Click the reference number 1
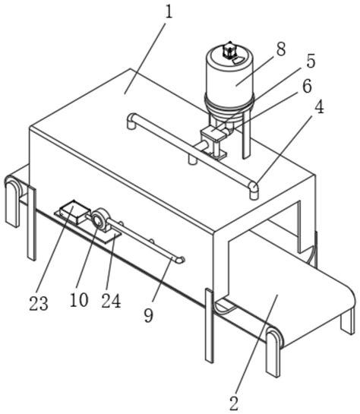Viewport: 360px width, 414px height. (x=169, y=12)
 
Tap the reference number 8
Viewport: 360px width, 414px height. (x=281, y=49)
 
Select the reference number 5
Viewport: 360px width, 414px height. (x=311, y=61)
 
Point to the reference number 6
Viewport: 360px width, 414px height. (x=307, y=86)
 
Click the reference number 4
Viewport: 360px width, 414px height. (x=319, y=107)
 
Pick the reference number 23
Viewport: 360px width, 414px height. (x=39, y=303)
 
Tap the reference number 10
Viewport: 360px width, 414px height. (x=79, y=300)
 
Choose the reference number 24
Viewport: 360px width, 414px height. (x=111, y=301)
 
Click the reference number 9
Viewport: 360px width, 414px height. (x=149, y=315)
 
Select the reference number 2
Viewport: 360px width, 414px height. (x=234, y=403)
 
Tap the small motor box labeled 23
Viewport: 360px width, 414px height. (x=74, y=212)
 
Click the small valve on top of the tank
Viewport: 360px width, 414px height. (x=229, y=50)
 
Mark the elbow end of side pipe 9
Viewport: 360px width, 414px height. (x=181, y=260)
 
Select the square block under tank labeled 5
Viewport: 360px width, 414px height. (x=213, y=134)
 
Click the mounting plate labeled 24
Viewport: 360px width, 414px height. (x=88, y=227)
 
